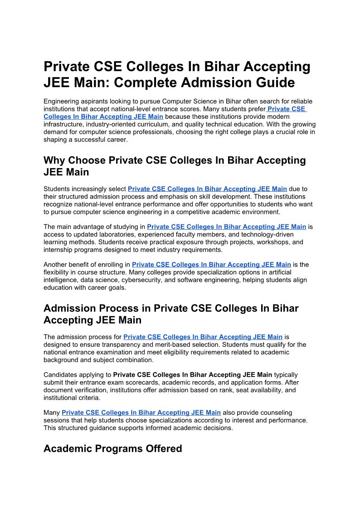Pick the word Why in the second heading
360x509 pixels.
56,160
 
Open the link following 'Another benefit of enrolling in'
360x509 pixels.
211,265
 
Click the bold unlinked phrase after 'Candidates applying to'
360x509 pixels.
193,375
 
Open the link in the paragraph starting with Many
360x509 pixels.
141,412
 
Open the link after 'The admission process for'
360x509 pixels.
203,337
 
